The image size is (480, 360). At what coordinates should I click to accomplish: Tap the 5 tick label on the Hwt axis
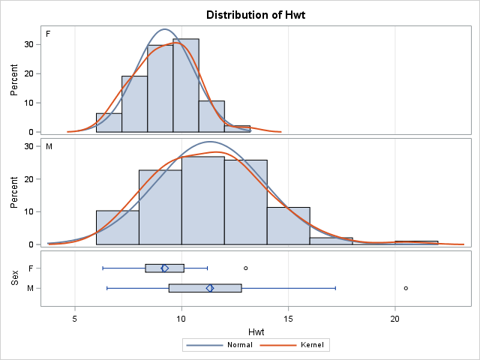[x=75, y=317]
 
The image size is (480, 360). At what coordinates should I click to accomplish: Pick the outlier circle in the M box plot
[x=406, y=288]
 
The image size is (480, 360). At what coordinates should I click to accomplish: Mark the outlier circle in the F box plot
[x=245, y=268]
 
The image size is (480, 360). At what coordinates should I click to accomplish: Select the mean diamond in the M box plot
[x=210, y=288]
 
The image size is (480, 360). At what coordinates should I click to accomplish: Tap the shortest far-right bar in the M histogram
[x=416, y=242]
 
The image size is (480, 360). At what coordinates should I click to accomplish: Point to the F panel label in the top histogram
[x=49, y=34]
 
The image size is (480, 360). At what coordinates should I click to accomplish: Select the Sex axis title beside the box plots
[x=14, y=277]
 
